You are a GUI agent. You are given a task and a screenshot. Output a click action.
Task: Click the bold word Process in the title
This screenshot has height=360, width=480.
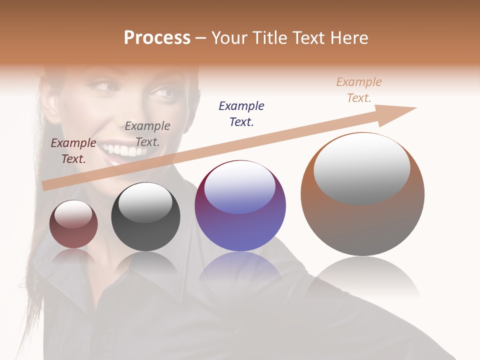point(157,38)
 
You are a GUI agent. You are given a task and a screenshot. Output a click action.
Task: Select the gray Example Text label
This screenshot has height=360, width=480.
point(147,134)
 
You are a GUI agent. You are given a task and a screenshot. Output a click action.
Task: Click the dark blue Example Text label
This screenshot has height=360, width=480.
point(241,113)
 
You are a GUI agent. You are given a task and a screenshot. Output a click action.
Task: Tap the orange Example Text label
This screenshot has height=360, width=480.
point(359,90)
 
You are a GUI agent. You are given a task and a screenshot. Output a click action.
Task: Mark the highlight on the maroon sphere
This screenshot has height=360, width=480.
point(73,214)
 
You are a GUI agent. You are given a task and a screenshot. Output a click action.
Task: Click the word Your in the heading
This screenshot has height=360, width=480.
point(230,38)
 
